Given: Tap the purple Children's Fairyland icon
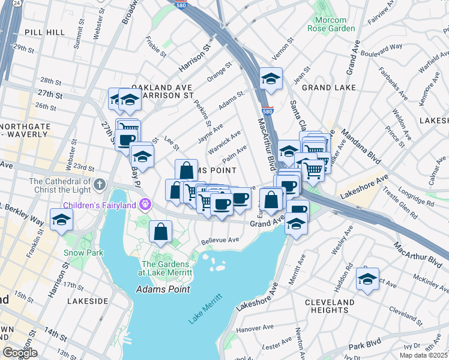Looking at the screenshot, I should (x=145, y=205).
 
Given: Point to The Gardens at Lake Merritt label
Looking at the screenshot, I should (x=166, y=268).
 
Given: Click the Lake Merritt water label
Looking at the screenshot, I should (x=205, y=309).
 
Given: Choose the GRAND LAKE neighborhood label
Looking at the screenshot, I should (x=325, y=88).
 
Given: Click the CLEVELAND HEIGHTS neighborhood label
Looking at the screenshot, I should (x=330, y=306).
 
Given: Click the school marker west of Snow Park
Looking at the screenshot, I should (x=61, y=220).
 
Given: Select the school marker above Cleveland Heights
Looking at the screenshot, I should (x=367, y=279).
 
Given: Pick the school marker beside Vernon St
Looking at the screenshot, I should (x=271, y=79).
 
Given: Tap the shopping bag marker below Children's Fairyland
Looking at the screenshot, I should (x=161, y=232).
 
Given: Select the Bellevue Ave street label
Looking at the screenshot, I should (x=220, y=239).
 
